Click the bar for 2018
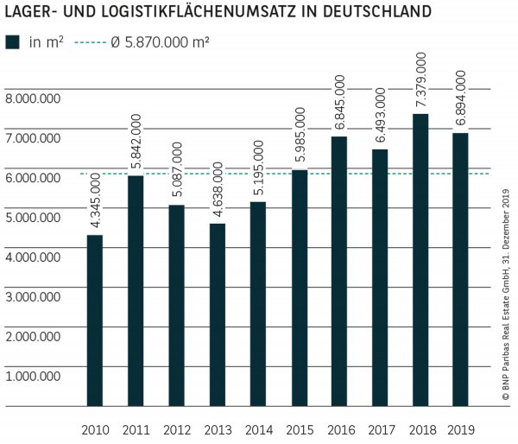[420, 259]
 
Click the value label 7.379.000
[420, 80]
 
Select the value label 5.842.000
[136, 143]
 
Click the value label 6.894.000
[461, 99]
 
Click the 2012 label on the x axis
[177, 428]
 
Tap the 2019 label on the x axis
[461, 428]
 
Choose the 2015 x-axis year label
[299, 428]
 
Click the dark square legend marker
[12, 41]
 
